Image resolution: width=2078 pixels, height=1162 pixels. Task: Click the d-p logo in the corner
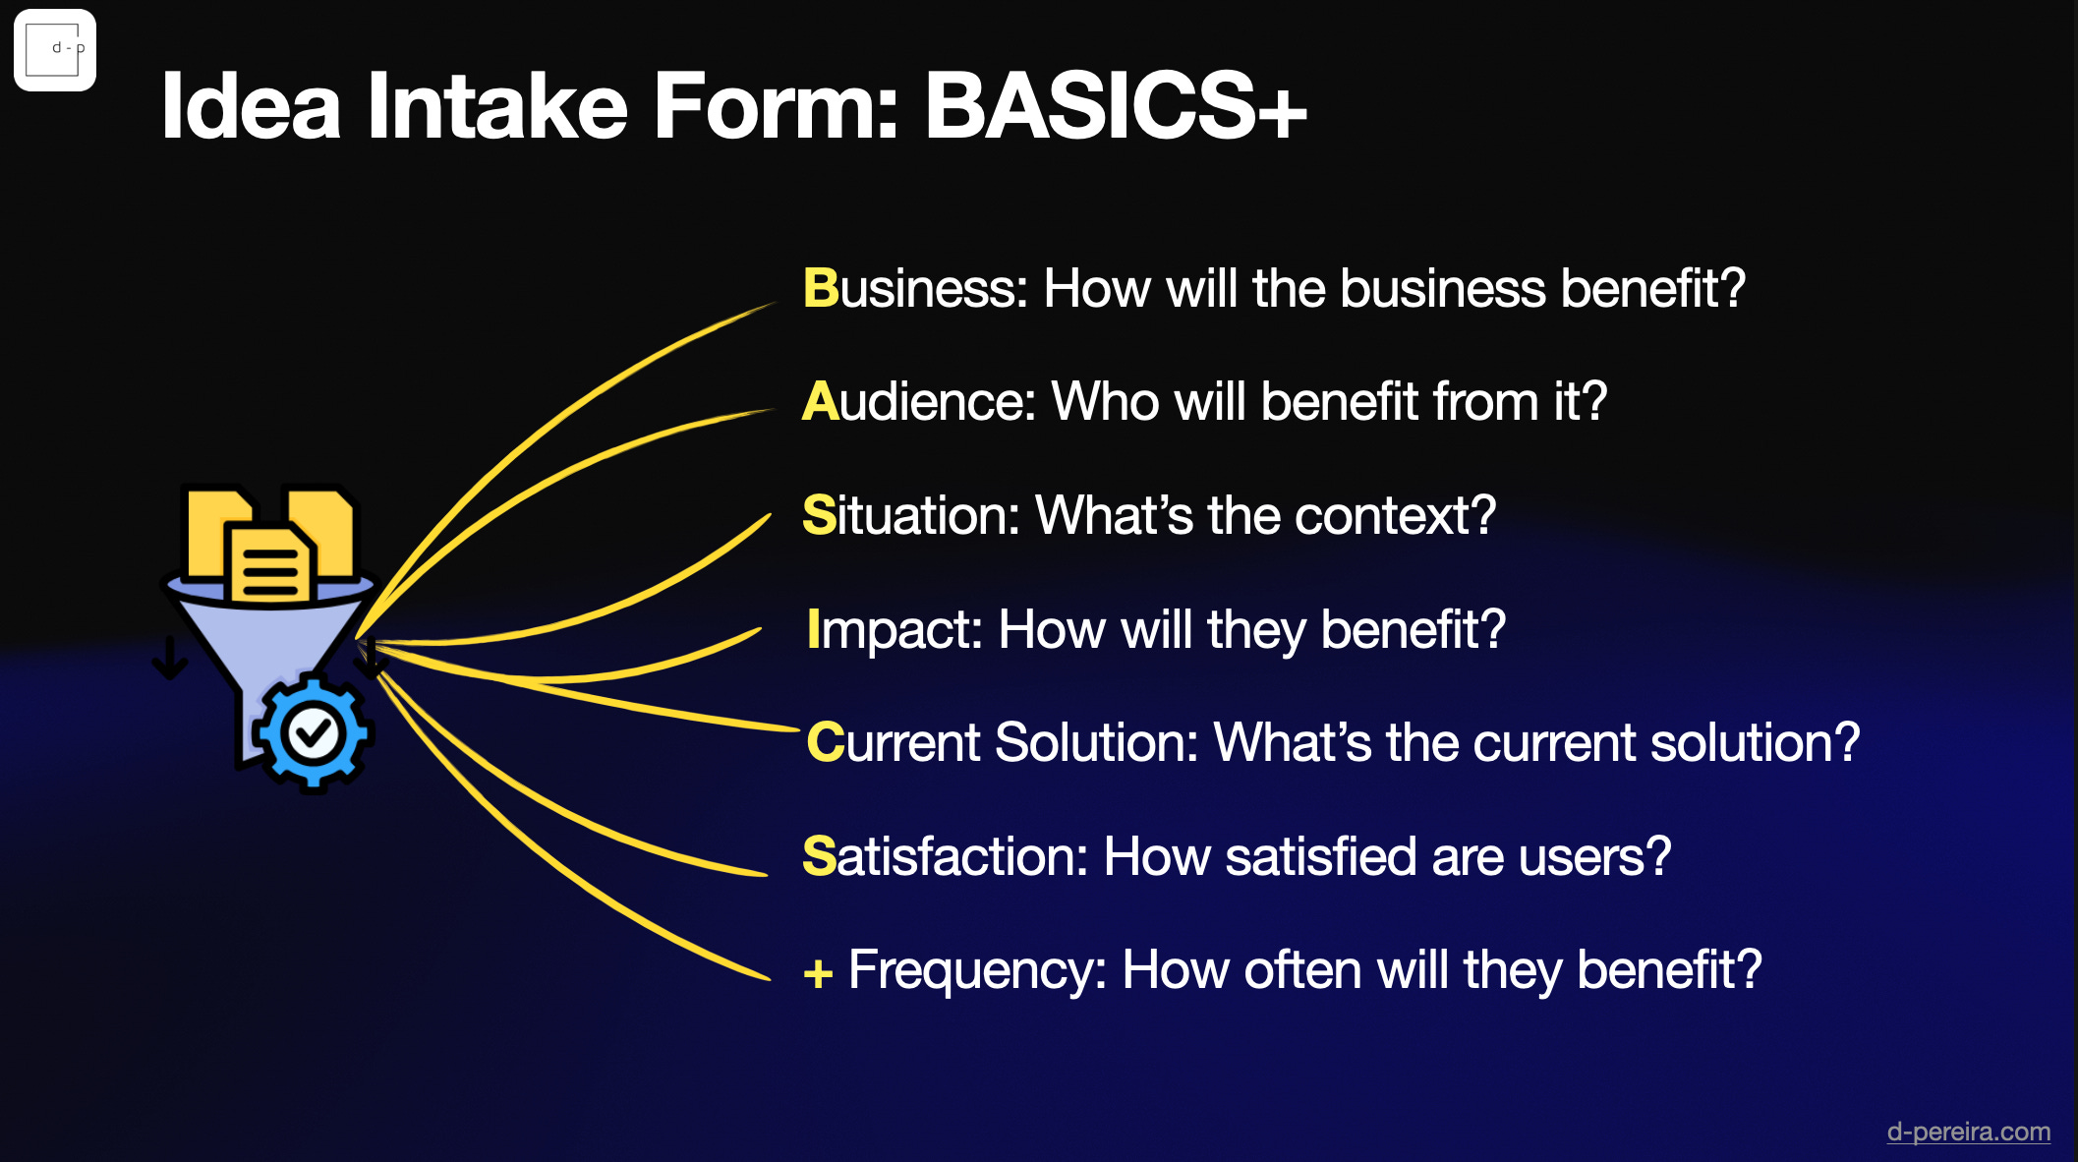coord(55,50)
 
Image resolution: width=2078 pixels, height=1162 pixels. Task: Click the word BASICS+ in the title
coord(1116,105)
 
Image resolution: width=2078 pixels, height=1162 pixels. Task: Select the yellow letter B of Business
coord(820,288)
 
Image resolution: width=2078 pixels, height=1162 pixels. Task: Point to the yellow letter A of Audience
coord(820,401)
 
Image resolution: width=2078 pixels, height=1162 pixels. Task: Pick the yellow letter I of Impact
coord(813,628)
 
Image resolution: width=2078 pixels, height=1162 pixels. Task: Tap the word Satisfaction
coord(945,855)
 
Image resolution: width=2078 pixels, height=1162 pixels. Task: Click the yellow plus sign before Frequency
coord(818,974)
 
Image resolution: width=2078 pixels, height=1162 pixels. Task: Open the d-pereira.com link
coord(1968,1132)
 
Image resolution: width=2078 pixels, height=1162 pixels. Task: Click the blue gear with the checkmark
coord(312,732)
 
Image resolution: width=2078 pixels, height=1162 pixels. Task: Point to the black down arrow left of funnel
coord(170,658)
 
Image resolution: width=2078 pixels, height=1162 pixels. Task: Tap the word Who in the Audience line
coord(1105,401)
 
